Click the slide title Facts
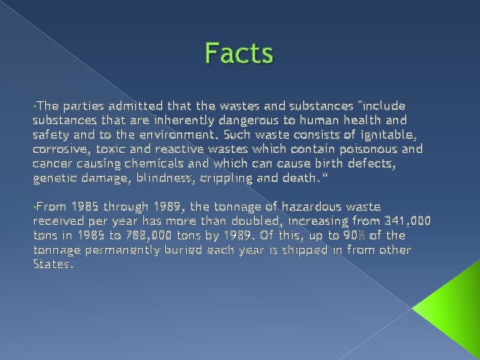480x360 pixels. click(239, 53)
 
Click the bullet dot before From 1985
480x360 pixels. click(34, 208)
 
